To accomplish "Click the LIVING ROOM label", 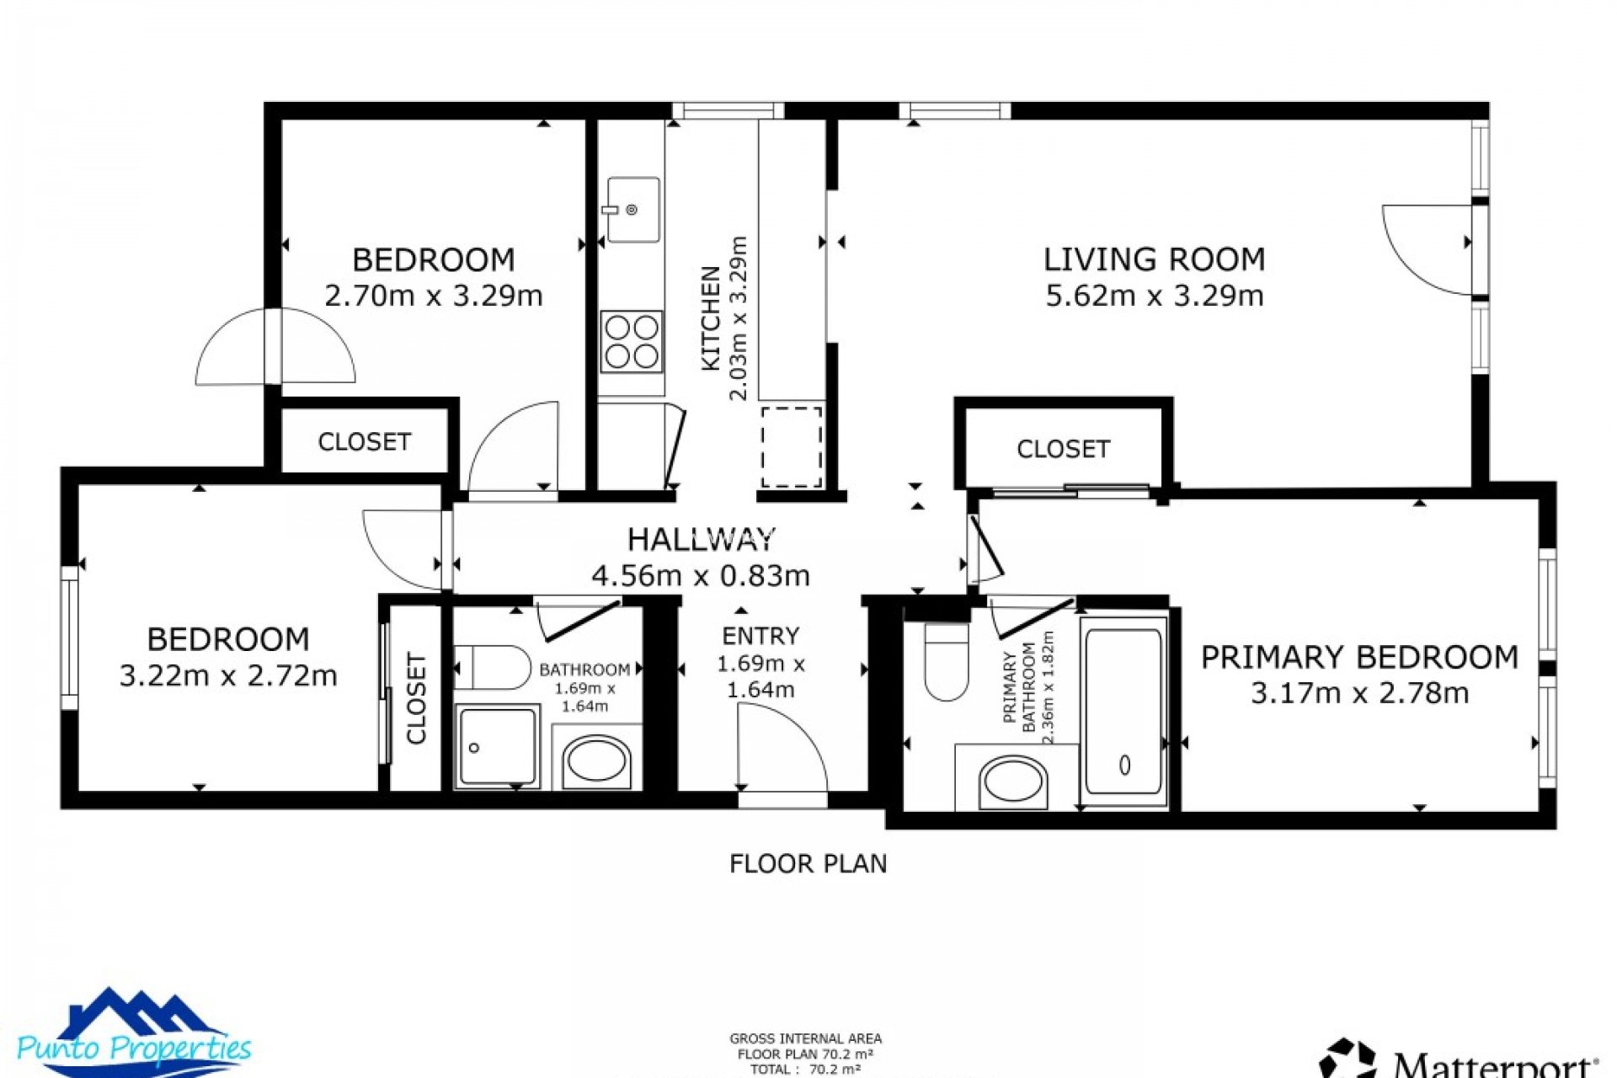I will coord(1154,259).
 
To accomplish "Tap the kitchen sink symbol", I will coord(632,210).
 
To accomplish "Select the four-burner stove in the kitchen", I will coord(632,342).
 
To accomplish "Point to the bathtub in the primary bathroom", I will coord(1124,712).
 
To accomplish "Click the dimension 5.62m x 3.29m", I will coord(1154,296).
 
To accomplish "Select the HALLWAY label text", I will coord(701,539).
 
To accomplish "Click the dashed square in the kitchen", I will coord(792,446).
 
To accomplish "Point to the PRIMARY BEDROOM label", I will coord(1359,657).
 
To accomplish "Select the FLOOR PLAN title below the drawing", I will coord(808,864).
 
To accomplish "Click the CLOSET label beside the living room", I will coord(1063,449).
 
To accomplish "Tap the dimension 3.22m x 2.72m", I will coord(228,675).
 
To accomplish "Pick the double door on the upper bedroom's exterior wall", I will coord(275,348).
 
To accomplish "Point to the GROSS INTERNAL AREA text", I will coord(805,1039).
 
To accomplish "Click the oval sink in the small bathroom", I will coord(597,761).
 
